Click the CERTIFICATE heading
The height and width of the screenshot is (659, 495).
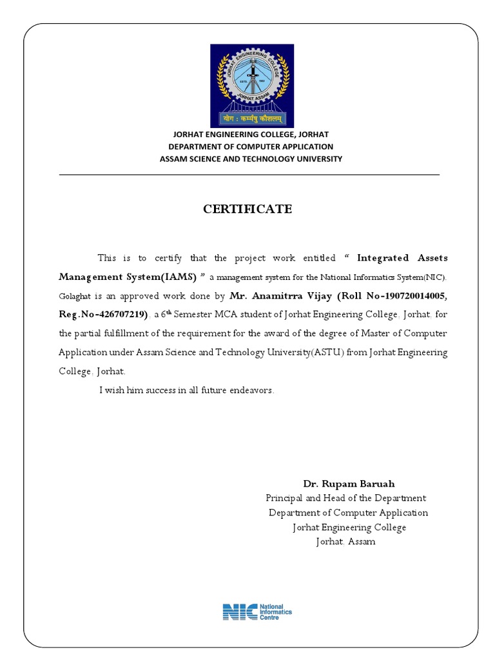click(x=247, y=209)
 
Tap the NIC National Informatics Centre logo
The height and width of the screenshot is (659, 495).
click(x=257, y=611)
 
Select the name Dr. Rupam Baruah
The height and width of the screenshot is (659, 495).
click(x=349, y=483)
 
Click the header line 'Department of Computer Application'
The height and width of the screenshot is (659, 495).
click(x=251, y=147)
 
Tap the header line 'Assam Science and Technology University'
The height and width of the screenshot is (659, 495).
click(x=251, y=159)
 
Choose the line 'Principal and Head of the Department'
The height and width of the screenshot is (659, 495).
click(x=345, y=498)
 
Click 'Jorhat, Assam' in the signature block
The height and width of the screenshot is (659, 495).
click(x=345, y=542)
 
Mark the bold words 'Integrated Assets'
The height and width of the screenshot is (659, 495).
click(x=402, y=258)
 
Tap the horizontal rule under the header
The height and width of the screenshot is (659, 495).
click(x=249, y=174)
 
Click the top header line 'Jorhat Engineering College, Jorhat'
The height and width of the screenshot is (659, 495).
click(x=249, y=135)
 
